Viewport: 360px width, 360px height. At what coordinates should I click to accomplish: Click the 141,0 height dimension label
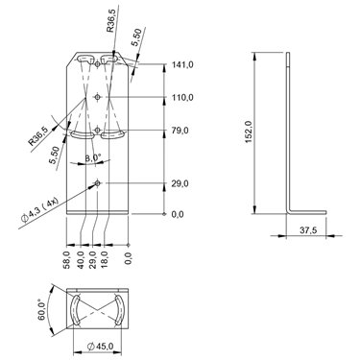(182, 64)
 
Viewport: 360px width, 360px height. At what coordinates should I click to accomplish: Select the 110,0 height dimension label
(182, 97)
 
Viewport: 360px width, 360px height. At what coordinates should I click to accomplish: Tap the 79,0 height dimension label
(180, 131)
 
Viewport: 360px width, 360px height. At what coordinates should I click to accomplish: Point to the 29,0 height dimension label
(180, 183)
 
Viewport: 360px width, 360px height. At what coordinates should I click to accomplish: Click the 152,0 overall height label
(250, 132)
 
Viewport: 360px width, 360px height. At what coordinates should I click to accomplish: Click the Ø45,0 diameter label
(100, 346)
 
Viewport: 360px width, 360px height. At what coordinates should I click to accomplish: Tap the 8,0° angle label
(93, 157)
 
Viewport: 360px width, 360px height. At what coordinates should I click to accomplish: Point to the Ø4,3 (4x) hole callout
(39, 210)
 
